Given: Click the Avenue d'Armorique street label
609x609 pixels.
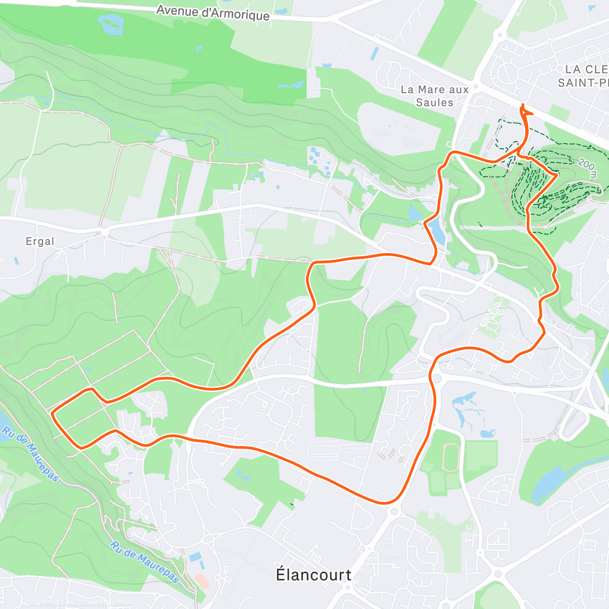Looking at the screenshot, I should click(213, 13).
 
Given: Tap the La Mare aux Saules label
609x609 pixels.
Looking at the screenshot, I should click(434, 96).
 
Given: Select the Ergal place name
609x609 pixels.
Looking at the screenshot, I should click(40, 242).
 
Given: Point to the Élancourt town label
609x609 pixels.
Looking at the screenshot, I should click(313, 574).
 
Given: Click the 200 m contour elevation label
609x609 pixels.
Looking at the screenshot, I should click(588, 165).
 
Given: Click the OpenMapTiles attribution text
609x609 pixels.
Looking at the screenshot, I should click(50, 603).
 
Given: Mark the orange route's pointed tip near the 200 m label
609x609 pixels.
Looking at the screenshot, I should click(558, 174).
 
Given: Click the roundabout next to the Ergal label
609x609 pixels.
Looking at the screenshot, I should click(104, 232).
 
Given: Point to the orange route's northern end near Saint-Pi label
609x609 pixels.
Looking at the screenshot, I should click(523, 106).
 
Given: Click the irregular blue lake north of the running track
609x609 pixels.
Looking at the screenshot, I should click(469, 411).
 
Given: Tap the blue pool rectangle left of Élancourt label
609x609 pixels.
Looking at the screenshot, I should click(195, 557).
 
